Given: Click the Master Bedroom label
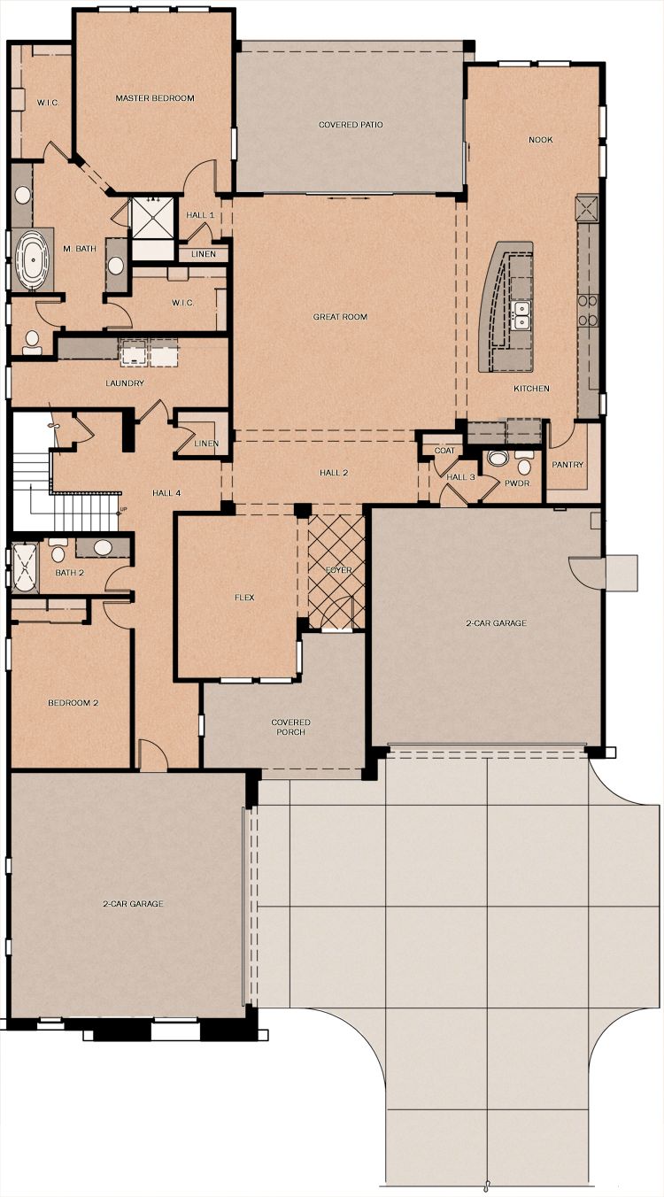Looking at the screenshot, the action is pos(155,98).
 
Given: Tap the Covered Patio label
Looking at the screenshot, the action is pos(351,125).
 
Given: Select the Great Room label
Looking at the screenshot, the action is pos(340,317).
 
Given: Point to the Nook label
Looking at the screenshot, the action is pos(541,140).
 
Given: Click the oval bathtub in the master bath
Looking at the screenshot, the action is pos(34,259).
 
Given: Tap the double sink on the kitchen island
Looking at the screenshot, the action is pos(521,314).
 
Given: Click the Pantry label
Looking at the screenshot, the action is pos(567,465).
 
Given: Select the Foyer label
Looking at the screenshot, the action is pos(339,570).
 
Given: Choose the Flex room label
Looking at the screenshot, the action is pos(244,598).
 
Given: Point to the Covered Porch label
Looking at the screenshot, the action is pos(290,727).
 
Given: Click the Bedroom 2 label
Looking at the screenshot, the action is pos(73,703).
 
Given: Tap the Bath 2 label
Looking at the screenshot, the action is pos(69,573).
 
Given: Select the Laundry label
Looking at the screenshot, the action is pos(125,383).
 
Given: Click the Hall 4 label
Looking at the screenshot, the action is pos(166,493).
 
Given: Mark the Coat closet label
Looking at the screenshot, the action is pos(444,451).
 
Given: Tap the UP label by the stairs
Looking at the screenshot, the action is pos(123,509).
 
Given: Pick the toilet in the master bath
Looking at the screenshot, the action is pos(31,343).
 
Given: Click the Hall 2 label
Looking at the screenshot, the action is pos(334,473).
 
